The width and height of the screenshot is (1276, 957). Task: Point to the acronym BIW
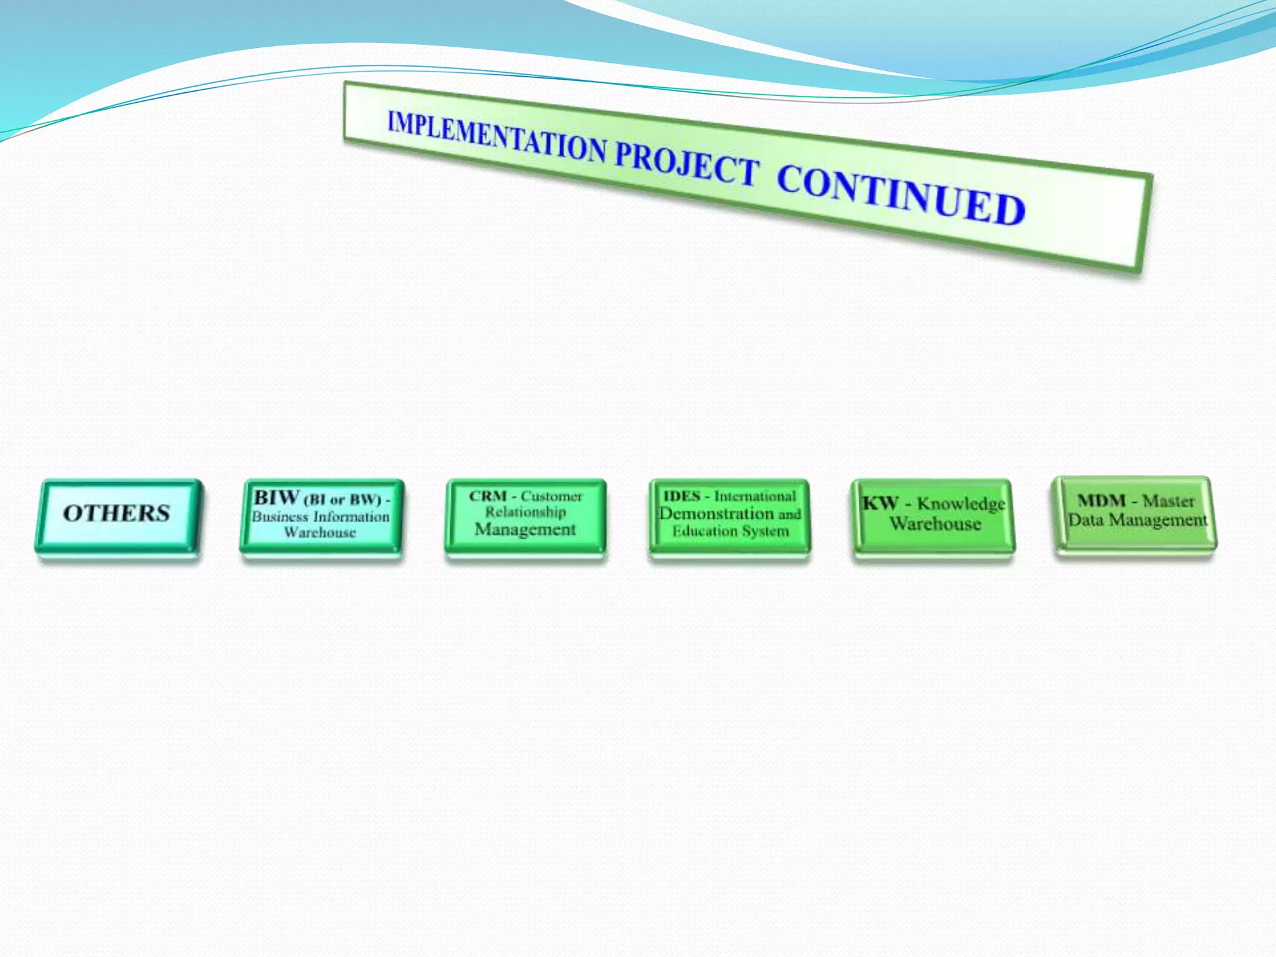click(276, 498)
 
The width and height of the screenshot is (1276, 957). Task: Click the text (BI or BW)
click(342, 500)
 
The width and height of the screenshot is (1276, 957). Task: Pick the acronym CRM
click(487, 497)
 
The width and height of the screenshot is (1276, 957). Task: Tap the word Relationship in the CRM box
click(526, 512)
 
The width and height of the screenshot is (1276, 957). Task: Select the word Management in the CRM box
click(525, 530)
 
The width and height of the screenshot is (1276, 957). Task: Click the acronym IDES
click(682, 497)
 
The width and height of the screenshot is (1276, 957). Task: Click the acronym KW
click(879, 503)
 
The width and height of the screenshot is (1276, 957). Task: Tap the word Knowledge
click(961, 504)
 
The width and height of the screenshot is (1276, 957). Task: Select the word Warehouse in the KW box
click(935, 524)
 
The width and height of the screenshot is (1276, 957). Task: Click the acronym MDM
click(1102, 500)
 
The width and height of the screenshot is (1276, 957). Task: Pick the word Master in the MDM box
click(1168, 501)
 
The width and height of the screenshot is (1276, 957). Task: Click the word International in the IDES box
click(755, 497)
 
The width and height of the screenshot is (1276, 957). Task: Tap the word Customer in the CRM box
click(551, 497)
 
